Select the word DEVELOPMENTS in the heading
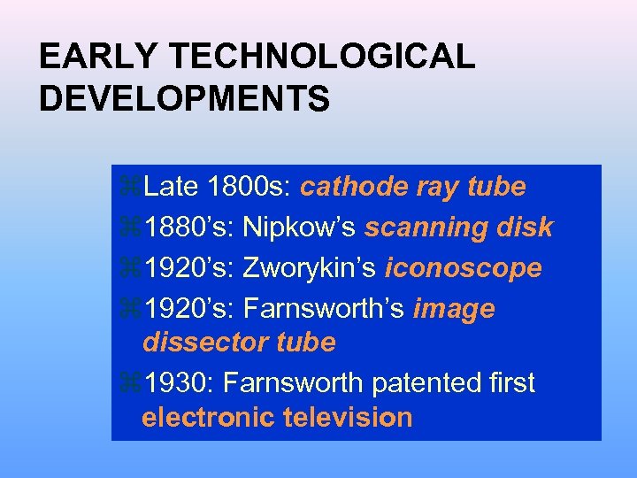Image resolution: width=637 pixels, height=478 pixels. tap(184, 98)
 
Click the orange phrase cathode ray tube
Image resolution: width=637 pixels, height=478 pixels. tap(413, 187)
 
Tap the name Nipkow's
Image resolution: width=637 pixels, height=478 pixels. tap(299, 227)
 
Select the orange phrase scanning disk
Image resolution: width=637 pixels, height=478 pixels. tap(458, 227)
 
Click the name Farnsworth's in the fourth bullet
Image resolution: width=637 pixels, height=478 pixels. tap(324, 309)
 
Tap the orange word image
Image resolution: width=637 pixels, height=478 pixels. tap(454, 309)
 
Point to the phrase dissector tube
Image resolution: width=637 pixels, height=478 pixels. tap(239, 342)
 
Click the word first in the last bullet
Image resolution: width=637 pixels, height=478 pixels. tap(512, 382)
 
